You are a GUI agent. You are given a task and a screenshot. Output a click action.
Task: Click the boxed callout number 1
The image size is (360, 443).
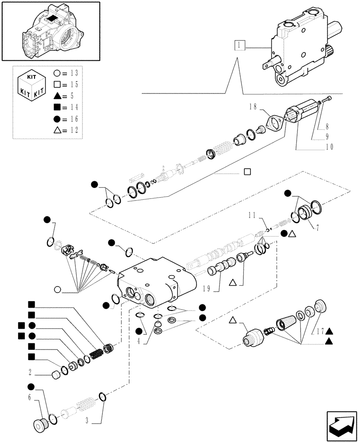tap(239, 46)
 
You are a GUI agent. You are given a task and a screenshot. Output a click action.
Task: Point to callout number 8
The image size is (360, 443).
tap(327, 126)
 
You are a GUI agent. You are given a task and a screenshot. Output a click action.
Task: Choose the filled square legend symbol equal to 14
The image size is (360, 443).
tap(57, 107)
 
